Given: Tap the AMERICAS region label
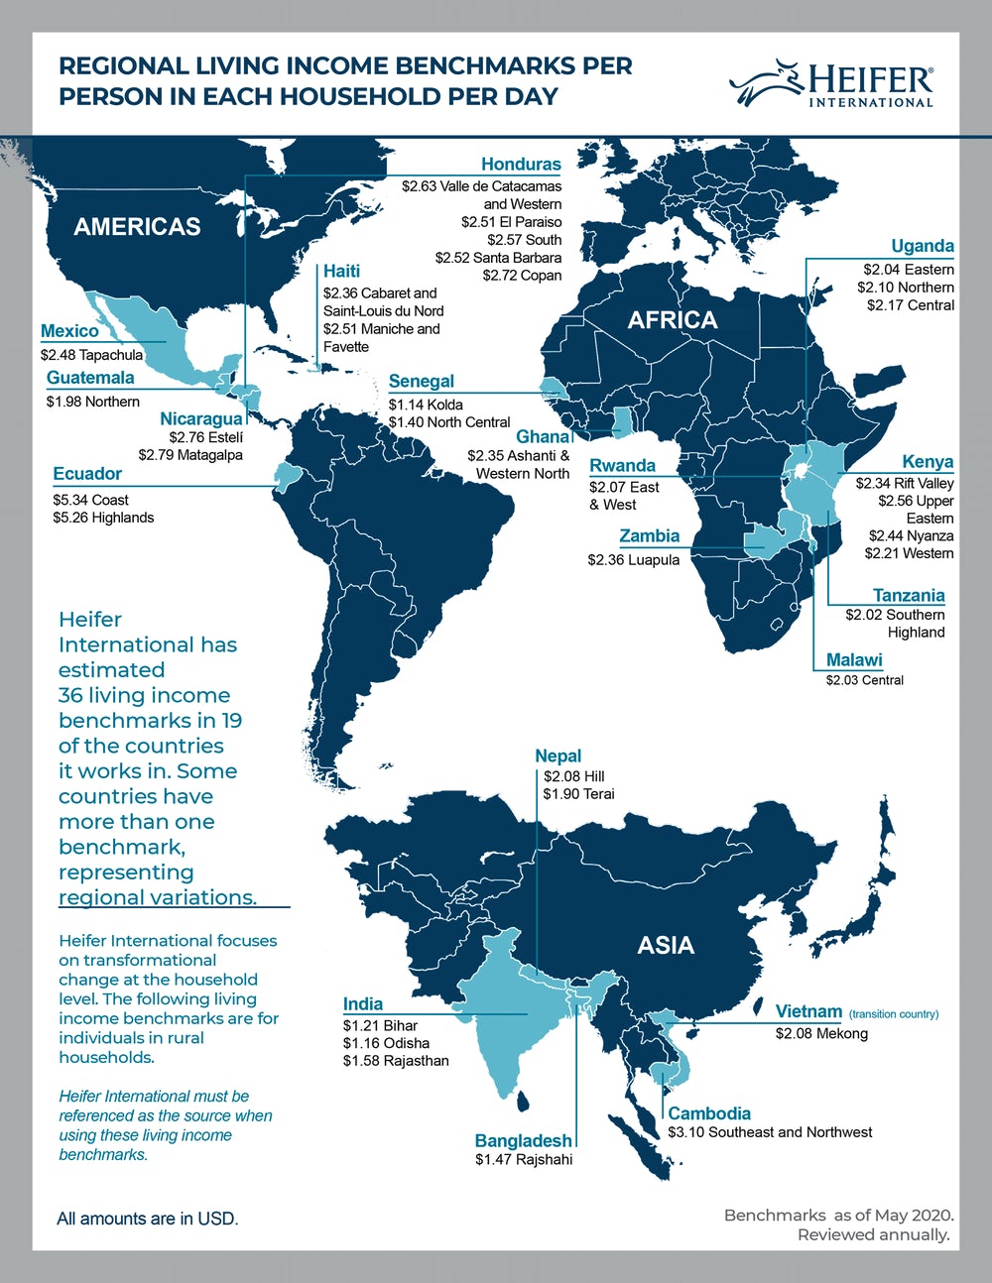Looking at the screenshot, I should (137, 226).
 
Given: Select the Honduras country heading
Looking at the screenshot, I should (521, 165).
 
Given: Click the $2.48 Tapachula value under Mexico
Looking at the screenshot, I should (92, 354).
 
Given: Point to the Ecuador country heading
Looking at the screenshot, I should (87, 474).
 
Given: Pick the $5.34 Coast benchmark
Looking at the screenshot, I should (91, 500).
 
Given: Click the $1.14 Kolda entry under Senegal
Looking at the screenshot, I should (426, 405).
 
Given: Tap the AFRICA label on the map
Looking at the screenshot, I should (672, 319).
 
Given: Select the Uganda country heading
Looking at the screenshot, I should (923, 246).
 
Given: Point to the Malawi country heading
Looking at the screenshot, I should (854, 660).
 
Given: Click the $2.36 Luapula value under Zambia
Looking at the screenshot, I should (633, 560).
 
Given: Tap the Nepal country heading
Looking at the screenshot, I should (558, 756).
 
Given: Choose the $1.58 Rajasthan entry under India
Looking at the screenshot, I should (396, 1061).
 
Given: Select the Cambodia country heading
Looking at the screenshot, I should (709, 1113).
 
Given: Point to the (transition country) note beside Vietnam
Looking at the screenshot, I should (893, 1014).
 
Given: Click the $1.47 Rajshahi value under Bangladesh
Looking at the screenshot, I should (524, 1159).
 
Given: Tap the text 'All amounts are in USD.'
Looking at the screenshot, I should (148, 1219).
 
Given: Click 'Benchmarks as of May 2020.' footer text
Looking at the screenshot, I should (838, 1215).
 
